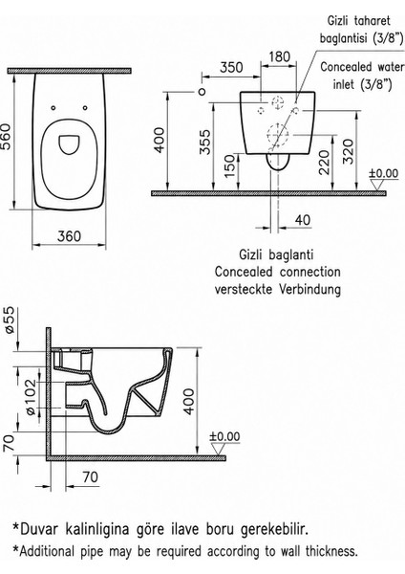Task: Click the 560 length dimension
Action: (6, 137)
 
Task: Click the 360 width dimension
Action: (69, 236)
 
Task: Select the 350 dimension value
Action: (231, 67)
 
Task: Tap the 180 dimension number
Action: (280, 56)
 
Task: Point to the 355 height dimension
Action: (205, 142)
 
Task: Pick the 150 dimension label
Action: (229, 166)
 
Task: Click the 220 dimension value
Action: (324, 163)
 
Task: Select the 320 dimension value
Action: (348, 151)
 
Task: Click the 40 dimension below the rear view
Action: (302, 220)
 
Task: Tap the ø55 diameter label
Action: (10, 320)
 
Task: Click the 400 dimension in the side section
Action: (188, 402)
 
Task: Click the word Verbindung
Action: (310, 289)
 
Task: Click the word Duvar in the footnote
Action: (39, 529)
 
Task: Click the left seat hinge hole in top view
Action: (53, 108)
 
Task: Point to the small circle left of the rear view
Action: (202, 91)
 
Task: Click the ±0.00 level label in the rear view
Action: (383, 173)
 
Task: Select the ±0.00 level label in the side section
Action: (224, 436)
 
